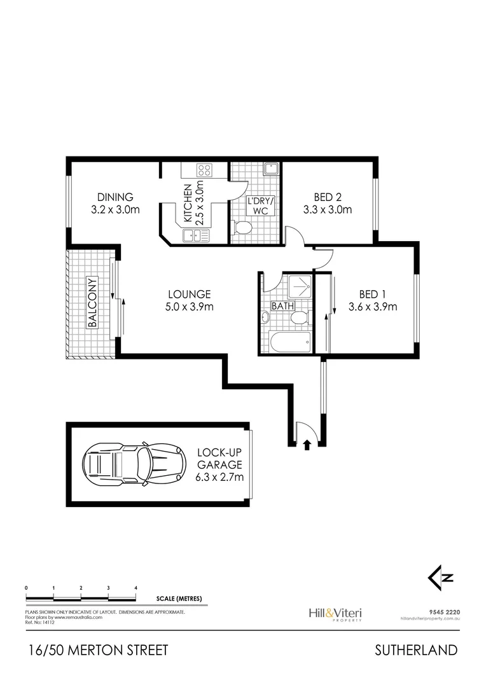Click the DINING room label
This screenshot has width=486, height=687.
point(115,197)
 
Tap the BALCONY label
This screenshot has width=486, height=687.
point(92,302)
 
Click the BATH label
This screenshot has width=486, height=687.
point(282,306)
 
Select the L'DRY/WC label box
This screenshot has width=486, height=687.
point(261,206)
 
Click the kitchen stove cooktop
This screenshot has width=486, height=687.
point(204,170)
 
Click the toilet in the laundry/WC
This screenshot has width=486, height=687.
point(243,228)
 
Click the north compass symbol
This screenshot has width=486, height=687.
point(440,577)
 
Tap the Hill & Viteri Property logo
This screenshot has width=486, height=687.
point(335,614)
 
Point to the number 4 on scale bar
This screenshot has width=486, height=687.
point(136,588)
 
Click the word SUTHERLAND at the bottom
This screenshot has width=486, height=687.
point(416,650)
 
